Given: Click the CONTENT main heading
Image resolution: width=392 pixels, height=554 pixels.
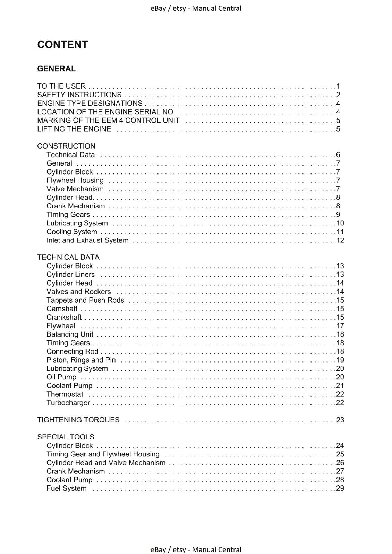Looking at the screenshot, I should (62, 44).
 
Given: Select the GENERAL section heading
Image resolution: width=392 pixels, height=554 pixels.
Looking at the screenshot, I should (56, 69).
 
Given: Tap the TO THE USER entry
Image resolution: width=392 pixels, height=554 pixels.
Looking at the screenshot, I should (61, 86).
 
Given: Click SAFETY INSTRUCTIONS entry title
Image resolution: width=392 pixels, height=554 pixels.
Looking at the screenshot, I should (79, 95).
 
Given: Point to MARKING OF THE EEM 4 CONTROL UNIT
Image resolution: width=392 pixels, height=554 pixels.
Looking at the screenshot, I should (108, 120).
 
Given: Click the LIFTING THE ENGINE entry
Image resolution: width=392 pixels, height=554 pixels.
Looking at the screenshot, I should (74, 129).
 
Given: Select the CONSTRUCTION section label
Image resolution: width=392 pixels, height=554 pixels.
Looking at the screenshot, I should (66, 146).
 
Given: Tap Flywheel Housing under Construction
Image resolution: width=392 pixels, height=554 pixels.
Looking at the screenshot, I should (75, 180).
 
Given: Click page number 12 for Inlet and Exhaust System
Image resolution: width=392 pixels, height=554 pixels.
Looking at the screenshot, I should (340, 240).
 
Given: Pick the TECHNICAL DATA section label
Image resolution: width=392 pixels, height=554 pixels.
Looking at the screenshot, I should (68, 257).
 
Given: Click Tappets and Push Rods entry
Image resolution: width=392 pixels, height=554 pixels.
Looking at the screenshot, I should (85, 300).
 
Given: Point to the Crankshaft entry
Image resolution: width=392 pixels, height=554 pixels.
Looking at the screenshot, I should (64, 317).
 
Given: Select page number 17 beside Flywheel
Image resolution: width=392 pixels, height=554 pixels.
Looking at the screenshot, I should (340, 326).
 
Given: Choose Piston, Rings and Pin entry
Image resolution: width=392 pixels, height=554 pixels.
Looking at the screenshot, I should (81, 360).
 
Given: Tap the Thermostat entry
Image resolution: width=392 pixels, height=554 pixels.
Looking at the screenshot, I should (65, 394).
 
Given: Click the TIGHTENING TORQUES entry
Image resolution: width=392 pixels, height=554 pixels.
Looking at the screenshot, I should (78, 420).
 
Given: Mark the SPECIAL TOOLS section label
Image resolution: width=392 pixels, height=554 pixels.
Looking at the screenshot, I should (66, 437).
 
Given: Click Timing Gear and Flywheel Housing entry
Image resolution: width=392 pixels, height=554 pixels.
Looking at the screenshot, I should (103, 454).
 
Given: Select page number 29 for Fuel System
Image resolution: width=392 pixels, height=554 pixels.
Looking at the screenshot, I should (340, 489).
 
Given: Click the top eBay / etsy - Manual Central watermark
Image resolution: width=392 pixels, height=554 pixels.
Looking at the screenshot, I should (196, 8).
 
